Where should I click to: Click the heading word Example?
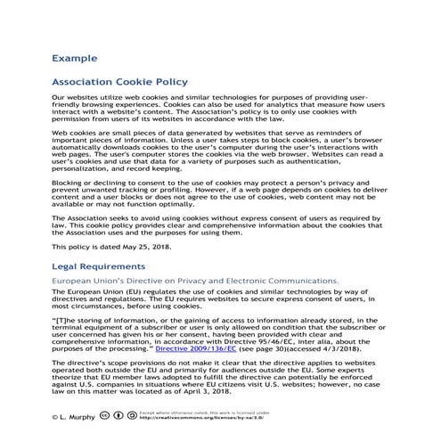click(74, 58)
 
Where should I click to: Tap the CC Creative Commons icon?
click(107, 415)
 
